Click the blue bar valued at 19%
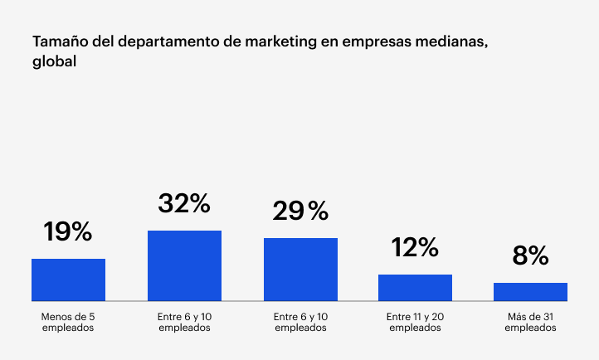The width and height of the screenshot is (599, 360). pyautogui.click(x=68, y=280)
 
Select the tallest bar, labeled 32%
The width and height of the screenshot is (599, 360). pyautogui.click(x=184, y=265)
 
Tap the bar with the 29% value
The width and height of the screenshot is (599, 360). pyautogui.click(x=300, y=269)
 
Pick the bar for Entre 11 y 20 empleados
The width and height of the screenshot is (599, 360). pyautogui.click(x=415, y=287)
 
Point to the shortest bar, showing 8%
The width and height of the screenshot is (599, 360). pyautogui.click(x=530, y=291)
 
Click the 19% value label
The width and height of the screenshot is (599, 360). pyautogui.click(x=68, y=232)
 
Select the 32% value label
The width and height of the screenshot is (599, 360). pyautogui.click(x=184, y=203)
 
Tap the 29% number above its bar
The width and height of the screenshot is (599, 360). pyautogui.click(x=300, y=212)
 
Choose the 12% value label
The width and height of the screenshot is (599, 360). pyautogui.click(x=415, y=247)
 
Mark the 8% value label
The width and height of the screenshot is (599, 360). pyautogui.click(x=530, y=255)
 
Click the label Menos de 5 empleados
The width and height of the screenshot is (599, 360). pyautogui.click(x=68, y=322)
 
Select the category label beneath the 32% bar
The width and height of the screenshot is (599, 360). pyautogui.click(x=184, y=322)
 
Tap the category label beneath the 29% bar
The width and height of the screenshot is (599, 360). pyautogui.click(x=300, y=322)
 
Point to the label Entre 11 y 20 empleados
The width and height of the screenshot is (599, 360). pyautogui.click(x=415, y=322)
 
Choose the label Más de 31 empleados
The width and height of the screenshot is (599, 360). pyautogui.click(x=530, y=322)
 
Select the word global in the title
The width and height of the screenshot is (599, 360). pyautogui.click(x=55, y=61)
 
